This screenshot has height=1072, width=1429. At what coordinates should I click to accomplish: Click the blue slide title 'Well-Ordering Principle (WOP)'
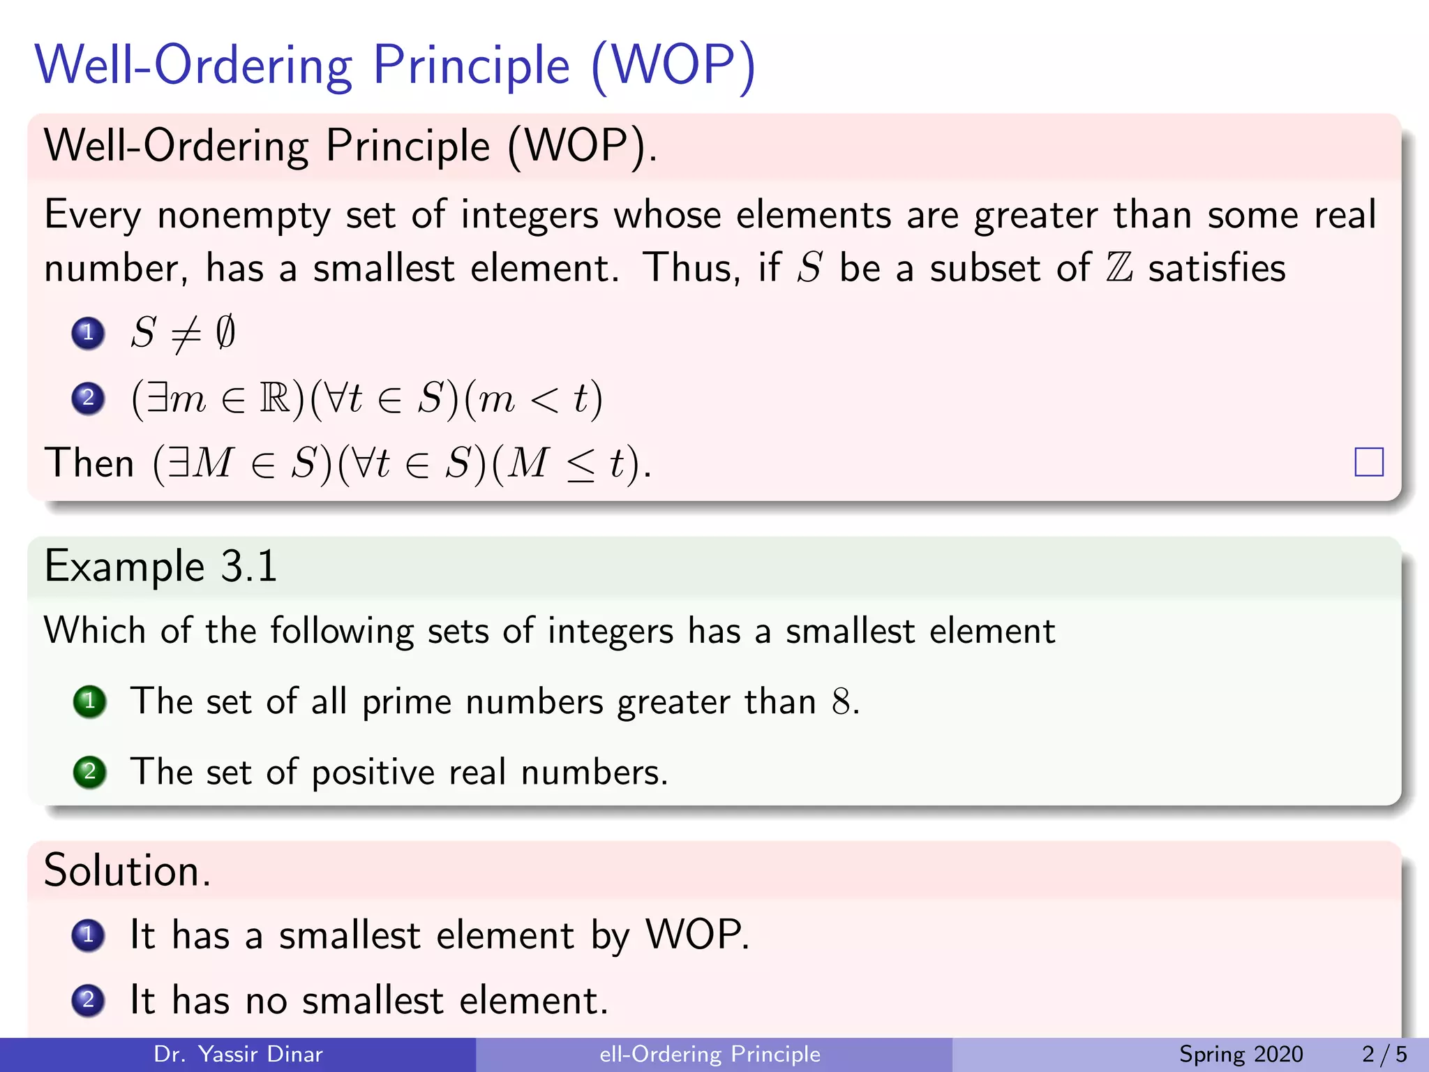[x=395, y=66]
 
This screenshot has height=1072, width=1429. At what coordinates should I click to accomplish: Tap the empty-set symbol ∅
[x=225, y=332]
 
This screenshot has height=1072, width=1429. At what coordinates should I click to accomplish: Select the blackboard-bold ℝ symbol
[x=275, y=399]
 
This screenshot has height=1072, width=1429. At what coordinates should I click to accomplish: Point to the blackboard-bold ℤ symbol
[x=1119, y=269]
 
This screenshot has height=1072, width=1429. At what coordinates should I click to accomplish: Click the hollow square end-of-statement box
[x=1368, y=462]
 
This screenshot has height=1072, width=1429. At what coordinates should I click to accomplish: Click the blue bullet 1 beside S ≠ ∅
[x=88, y=333]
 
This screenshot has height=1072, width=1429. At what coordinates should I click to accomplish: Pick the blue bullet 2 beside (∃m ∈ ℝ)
[x=88, y=399]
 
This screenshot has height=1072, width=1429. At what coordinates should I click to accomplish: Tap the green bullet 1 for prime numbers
[x=89, y=701]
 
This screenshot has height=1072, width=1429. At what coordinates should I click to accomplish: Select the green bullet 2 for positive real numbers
[x=89, y=772]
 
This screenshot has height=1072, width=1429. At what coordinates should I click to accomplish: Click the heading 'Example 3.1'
[x=160, y=566]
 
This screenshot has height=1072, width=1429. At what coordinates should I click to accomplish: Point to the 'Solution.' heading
[x=127, y=871]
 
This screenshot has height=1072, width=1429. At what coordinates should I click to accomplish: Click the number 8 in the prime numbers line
[x=841, y=702]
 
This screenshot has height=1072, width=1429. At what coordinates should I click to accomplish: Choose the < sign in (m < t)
[x=544, y=400]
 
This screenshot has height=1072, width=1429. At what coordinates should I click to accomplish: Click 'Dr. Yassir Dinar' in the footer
[x=238, y=1054]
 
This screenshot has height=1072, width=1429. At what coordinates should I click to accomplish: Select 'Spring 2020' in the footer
[x=1241, y=1054]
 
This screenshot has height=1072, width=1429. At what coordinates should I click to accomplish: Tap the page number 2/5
[x=1384, y=1054]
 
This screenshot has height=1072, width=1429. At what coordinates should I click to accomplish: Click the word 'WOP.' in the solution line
[x=697, y=935]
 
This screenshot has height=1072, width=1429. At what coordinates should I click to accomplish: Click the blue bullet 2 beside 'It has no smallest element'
[x=88, y=1000]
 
